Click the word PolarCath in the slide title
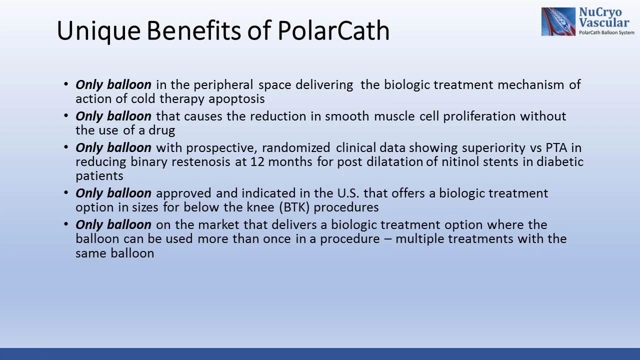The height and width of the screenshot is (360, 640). click(333, 30)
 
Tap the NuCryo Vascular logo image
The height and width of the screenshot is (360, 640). click(558, 21)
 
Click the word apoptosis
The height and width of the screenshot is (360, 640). click(236, 99)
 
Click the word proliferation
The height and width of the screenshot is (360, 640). click(480, 116)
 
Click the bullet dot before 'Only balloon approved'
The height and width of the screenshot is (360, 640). click(66, 192)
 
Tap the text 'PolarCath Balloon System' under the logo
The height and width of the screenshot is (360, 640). click(606, 32)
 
